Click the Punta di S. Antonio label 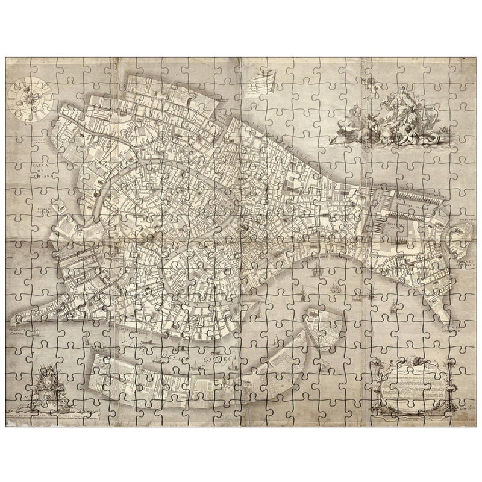click(x=452, y=310)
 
